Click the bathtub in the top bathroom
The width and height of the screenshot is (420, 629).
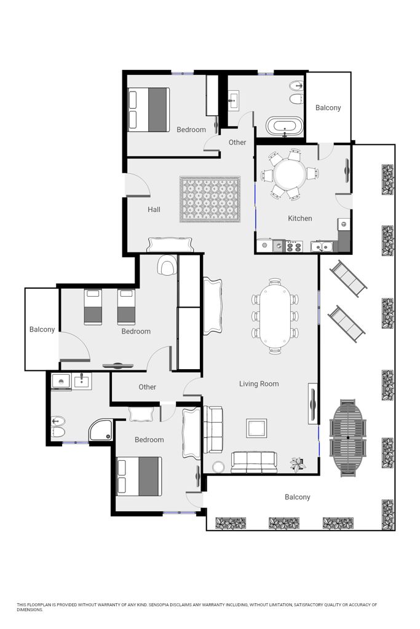click(285, 127)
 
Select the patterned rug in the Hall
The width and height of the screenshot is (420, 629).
click(210, 199)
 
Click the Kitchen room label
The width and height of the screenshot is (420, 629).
click(300, 218)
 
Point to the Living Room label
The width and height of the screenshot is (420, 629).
click(259, 383)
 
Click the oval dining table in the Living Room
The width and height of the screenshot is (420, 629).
click(275, 316)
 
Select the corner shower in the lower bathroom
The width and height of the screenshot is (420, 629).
click(100, 430)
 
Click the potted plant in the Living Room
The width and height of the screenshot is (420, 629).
click(298, 464)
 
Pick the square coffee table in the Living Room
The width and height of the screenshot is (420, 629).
click(256, 428)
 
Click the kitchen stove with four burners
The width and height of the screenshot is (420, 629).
click(295, 246)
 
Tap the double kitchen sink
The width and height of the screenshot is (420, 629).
click(322, 246)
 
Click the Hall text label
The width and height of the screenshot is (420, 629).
click(154, 209)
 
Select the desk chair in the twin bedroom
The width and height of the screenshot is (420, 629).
click(167, 265)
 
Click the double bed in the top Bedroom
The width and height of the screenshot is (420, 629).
click(149, 109)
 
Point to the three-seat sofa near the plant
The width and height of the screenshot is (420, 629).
click(254, 463)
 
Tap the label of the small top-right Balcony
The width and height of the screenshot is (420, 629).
click(328, 107)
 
